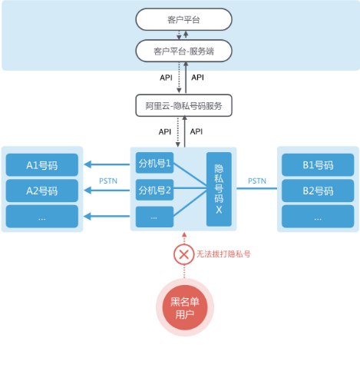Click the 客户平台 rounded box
[x=183, y=19]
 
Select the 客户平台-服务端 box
[x=183, y=51]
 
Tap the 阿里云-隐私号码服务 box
[x=183, y=105]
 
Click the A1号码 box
[x=42, y=165]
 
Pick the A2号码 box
[x=42, y=191]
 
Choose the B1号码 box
[x=318, y=165]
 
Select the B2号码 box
[x=318, y=191]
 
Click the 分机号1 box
[x=154, y=163]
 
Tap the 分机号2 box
[x=154, y=190]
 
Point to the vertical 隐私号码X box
[x=219, y=189]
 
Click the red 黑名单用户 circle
[x=185, y=307]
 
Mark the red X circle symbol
[x=183, y=254]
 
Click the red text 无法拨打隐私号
[x=223, y=254]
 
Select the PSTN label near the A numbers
[x=108, y=181]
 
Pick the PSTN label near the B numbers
[x=257, y=181]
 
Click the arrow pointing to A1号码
[x=107, y=164]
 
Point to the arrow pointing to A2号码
[x=107, y=191]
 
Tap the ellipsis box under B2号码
[x=318, y=217]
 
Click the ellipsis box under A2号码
[x=42, y=217]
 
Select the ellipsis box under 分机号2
[x=154, y=217]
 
